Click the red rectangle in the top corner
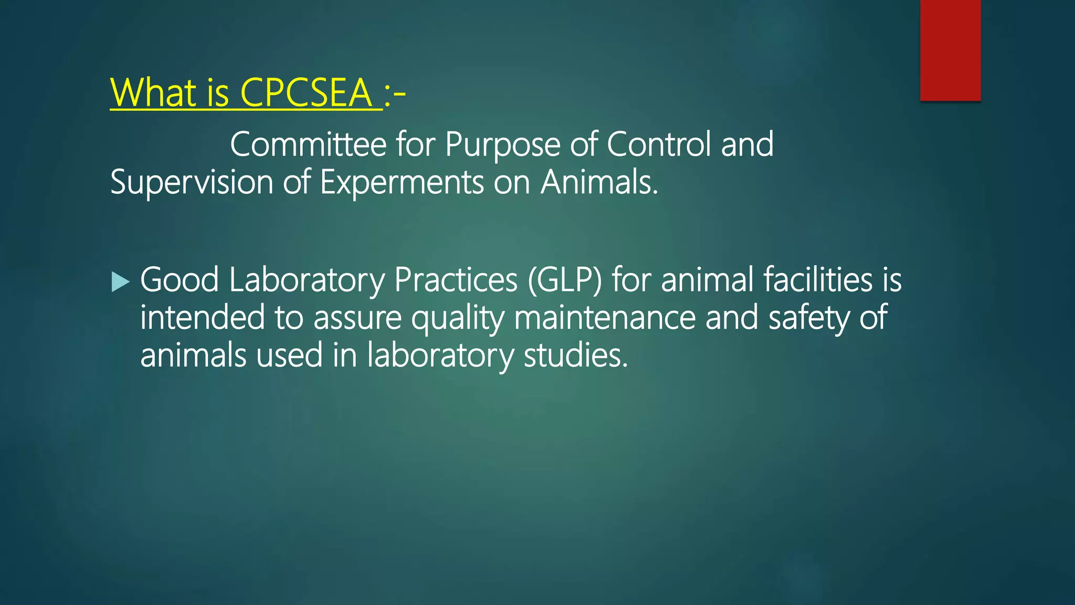tap(950, 50)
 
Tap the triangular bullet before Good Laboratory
tap(120, 283)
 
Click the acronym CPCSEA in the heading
tap(306, 93)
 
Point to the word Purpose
tap(503, 145)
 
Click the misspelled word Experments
tap(402, 183)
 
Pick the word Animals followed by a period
tap(599, 182)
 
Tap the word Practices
tap(456, 279)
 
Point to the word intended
tap(203, 318)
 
